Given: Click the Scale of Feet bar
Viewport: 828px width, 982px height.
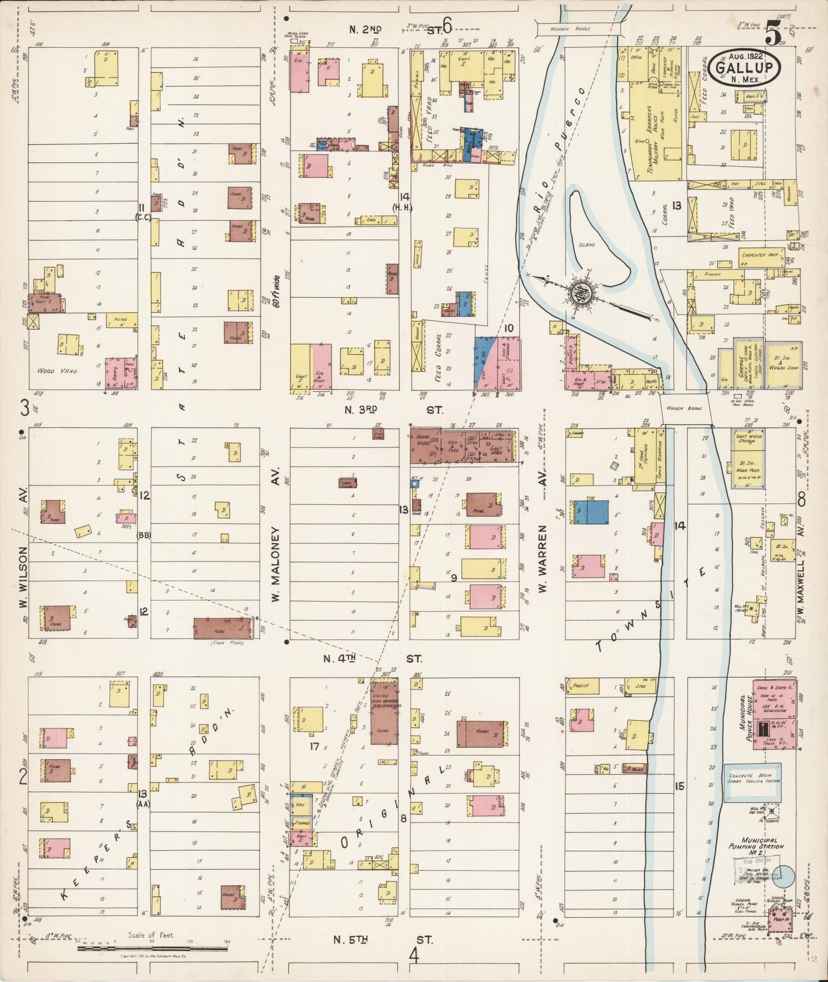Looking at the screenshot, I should click(x=152, y=948).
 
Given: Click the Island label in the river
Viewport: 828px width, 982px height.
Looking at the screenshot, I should click(x=586, y=245).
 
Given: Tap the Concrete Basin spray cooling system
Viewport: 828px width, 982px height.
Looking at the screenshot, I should click(x=751, y=782).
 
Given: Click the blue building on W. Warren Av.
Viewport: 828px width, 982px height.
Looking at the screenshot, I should click(x=591, y=512).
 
